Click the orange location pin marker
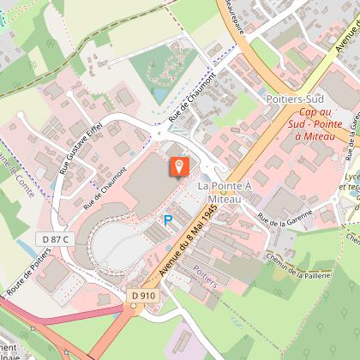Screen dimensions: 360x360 point(178,165)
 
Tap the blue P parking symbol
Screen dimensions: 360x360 point(168,221)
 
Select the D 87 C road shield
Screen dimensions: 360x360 point(55,237)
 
